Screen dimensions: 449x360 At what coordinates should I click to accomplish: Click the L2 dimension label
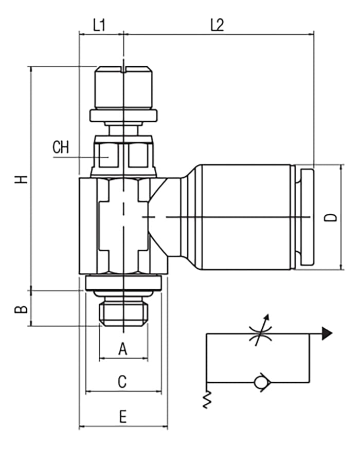(x=218, y=25)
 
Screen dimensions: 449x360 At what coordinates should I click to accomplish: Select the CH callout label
(x=61, y=148)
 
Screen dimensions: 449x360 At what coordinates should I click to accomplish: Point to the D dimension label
(x=333, y=217)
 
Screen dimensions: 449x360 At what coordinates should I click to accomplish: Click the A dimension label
(x=122, y=349)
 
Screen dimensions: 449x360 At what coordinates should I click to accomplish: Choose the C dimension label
(x=122, y=382)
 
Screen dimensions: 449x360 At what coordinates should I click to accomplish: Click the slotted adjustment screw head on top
(x=123, y=86)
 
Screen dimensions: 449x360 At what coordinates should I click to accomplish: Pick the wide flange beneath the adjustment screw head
(x=123, y=115)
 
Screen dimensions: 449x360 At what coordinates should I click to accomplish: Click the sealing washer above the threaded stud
(x=123, y=283)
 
